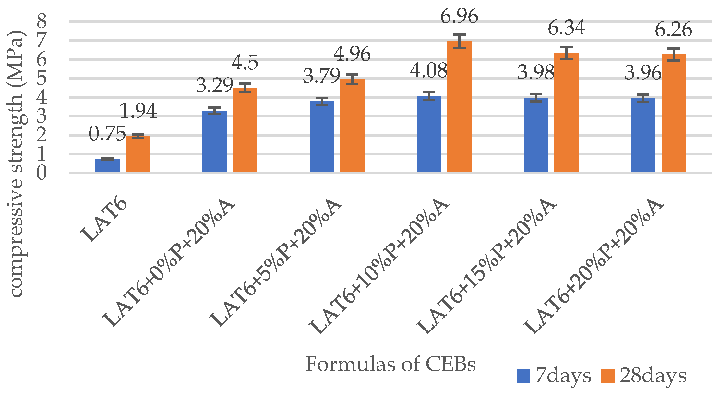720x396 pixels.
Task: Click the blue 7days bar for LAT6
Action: click(107, 165)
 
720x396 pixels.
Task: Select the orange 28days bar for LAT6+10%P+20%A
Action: click(459, 107)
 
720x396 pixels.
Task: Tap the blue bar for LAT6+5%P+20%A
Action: click(322, 136)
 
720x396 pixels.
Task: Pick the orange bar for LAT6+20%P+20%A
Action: click(674, 114)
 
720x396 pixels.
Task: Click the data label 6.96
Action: click(459, 16)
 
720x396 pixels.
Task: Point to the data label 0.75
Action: click(107, 134)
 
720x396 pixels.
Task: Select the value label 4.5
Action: click(245, 62)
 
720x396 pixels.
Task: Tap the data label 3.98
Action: click(536, 72)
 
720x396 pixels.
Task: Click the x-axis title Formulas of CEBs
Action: click(390, 364)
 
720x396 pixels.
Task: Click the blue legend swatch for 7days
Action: click(523, 376)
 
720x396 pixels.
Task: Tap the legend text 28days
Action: click(653, 376)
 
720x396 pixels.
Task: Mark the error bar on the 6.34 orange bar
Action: click(567, 53)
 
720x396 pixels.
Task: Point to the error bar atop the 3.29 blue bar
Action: click(214, 111)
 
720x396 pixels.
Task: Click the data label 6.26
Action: click(673, 30)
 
